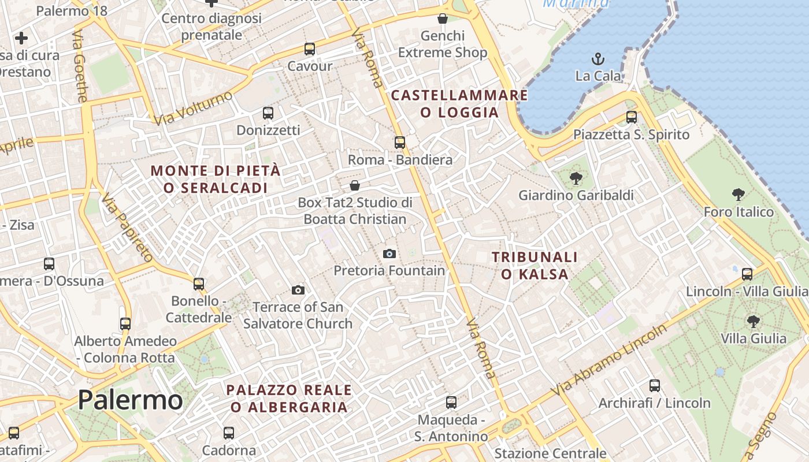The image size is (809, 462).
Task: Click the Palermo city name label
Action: [130, 400]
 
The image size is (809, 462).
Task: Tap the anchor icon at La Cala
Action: [598, 59]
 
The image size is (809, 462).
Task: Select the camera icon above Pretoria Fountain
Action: [389, 254]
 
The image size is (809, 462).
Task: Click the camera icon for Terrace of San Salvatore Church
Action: [298, 290]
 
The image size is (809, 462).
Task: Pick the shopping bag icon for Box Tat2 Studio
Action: [355, 185]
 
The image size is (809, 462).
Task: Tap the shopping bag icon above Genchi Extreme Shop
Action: [443, 18]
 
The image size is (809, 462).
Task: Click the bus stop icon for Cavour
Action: [310, 49]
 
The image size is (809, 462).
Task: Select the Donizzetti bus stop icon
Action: [268, 113]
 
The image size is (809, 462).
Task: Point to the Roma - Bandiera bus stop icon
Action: [400, 142]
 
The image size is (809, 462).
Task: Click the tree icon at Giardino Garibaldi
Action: [576, 178]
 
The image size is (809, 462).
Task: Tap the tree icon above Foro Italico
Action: [738, 195]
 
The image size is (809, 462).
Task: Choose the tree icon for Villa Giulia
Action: [753, 321]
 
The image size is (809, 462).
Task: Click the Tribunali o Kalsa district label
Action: [535, 265]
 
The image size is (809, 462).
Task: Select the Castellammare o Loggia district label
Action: [459, 103]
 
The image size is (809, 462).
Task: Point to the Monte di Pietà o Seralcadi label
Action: [216, 179]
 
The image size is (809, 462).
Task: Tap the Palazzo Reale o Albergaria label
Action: [289, 398]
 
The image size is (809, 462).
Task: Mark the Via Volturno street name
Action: [193, 107]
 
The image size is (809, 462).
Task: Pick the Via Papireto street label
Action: [127, 228]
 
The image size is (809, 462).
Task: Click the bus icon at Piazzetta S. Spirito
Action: [632, 117]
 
